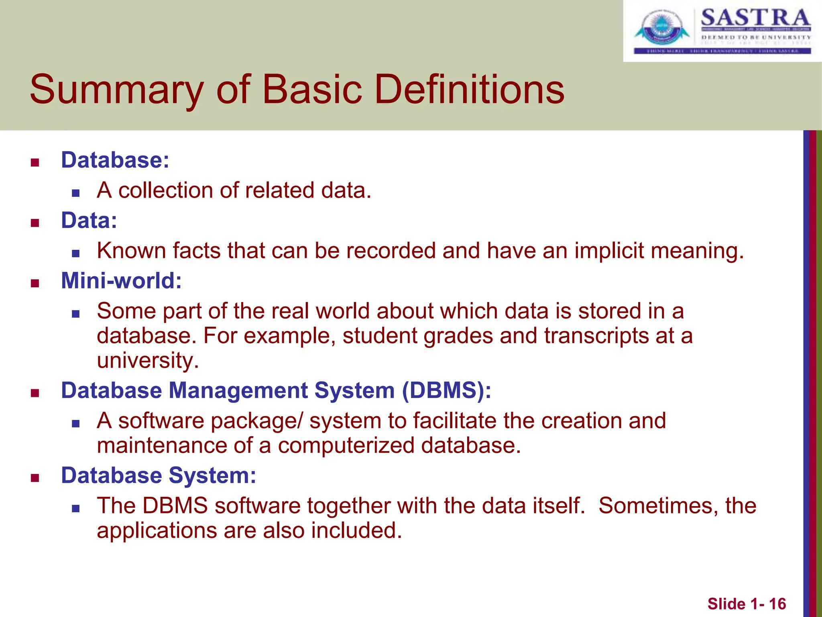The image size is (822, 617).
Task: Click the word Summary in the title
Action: (116, 90)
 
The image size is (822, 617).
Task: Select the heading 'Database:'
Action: (115, 160)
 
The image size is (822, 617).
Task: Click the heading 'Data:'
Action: (89, 221)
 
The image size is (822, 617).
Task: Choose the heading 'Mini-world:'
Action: (121, 281)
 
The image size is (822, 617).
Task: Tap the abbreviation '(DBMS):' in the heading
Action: (446, 390)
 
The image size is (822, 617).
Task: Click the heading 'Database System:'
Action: (159, 476)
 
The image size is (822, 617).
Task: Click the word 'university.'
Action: (148, 360)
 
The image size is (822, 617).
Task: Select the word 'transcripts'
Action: (596, 336)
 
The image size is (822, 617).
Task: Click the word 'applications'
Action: (157, 531)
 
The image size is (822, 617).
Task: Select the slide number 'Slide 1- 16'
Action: (747, 604)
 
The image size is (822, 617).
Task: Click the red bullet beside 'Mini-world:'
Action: (35, 284)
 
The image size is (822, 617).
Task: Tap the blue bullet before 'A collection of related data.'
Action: (76, 193)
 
